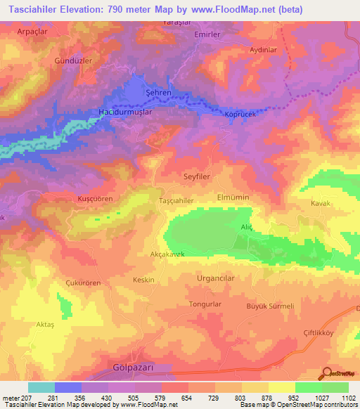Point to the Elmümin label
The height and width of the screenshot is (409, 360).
[233, 197]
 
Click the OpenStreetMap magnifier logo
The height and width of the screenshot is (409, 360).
[327, 373]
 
